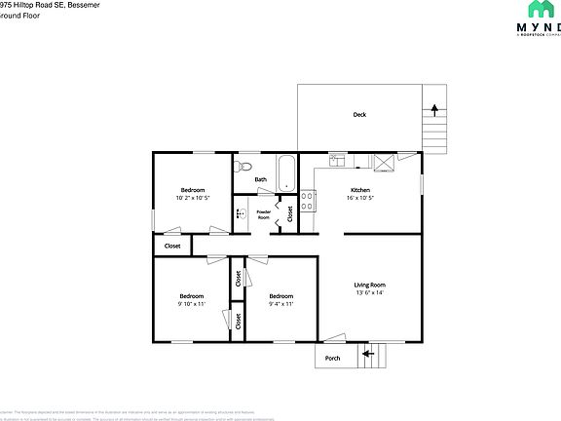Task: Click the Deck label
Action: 359,115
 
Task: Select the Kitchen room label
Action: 360,189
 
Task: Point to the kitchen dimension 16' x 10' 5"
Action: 360,198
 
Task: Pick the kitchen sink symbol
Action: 337,160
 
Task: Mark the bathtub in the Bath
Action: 285,173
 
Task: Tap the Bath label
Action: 260,179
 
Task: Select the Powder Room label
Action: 263,213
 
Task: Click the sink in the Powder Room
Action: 240,212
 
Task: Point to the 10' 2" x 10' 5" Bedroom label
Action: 192,189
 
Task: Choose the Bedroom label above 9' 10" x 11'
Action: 191,295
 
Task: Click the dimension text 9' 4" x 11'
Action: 281,304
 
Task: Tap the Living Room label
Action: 370,284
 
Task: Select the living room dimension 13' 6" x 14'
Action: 370,292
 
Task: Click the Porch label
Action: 333,358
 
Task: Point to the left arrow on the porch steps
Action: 367,353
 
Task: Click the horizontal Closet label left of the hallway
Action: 172,246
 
